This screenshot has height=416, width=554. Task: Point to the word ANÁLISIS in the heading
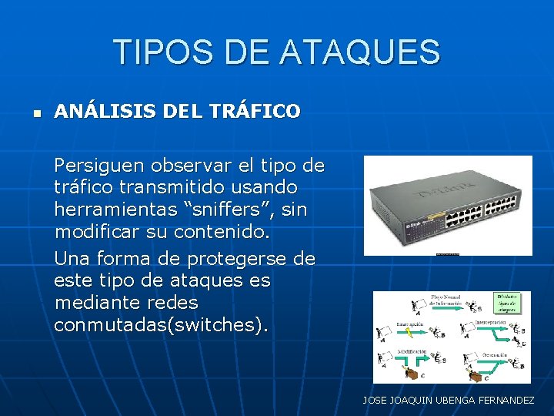105,112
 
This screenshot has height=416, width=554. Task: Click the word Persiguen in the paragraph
99,166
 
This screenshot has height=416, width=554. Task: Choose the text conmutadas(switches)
162,324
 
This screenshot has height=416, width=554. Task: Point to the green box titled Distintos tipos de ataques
511,303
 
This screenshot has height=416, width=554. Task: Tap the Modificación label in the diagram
412,351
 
